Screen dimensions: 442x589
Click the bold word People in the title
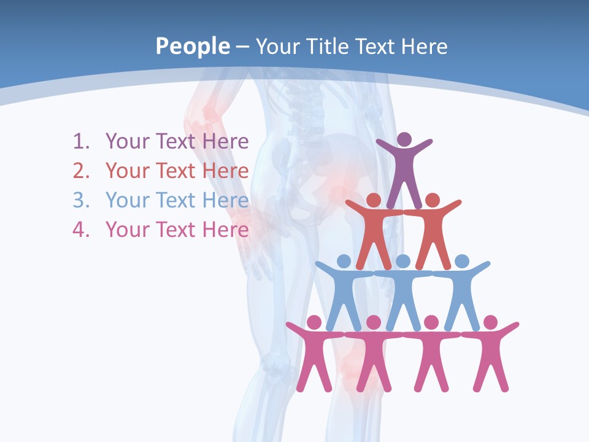click(191, 46)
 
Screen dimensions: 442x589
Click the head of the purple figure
click(404, 139)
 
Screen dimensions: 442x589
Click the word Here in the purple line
click(225, 142)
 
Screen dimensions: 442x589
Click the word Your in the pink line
click(128, 230)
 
